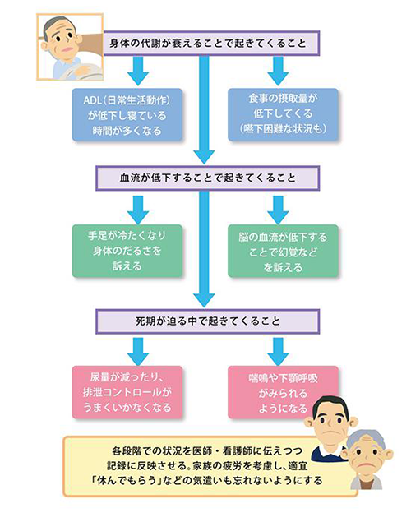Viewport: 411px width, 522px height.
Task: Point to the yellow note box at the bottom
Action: click(205, 464)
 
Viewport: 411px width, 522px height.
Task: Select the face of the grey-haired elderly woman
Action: click(365, 452)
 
